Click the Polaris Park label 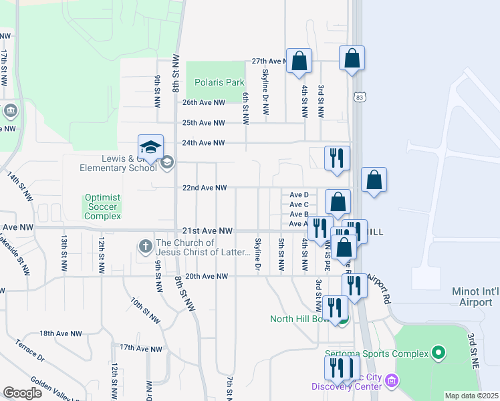coord(219,82)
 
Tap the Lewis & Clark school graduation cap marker coord(150,148)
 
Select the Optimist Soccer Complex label coord(102,207)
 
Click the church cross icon coord(146,247)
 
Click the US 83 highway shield coord(360,98)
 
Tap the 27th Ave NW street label coord(269,61)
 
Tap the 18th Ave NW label coord(60,333)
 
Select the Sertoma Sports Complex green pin coord(439,352)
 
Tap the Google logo coord(22,392)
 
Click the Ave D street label coord(298,194)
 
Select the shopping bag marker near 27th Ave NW coord(299,61)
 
